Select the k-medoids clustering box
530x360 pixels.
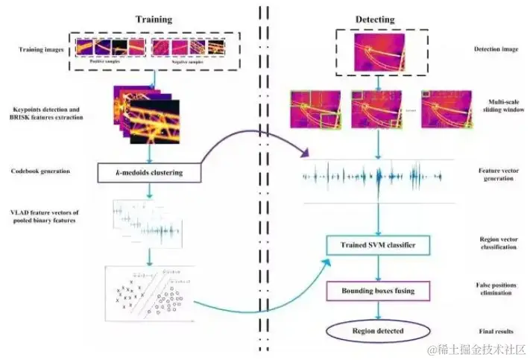(x=150, y=174)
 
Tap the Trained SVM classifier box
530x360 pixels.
(x=379, y=244)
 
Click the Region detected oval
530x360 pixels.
(x=378, y=330)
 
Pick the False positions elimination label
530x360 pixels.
(x=495, y=289)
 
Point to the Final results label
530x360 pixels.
(x=494, y=330)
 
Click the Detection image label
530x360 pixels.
(x=494, y=50)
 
